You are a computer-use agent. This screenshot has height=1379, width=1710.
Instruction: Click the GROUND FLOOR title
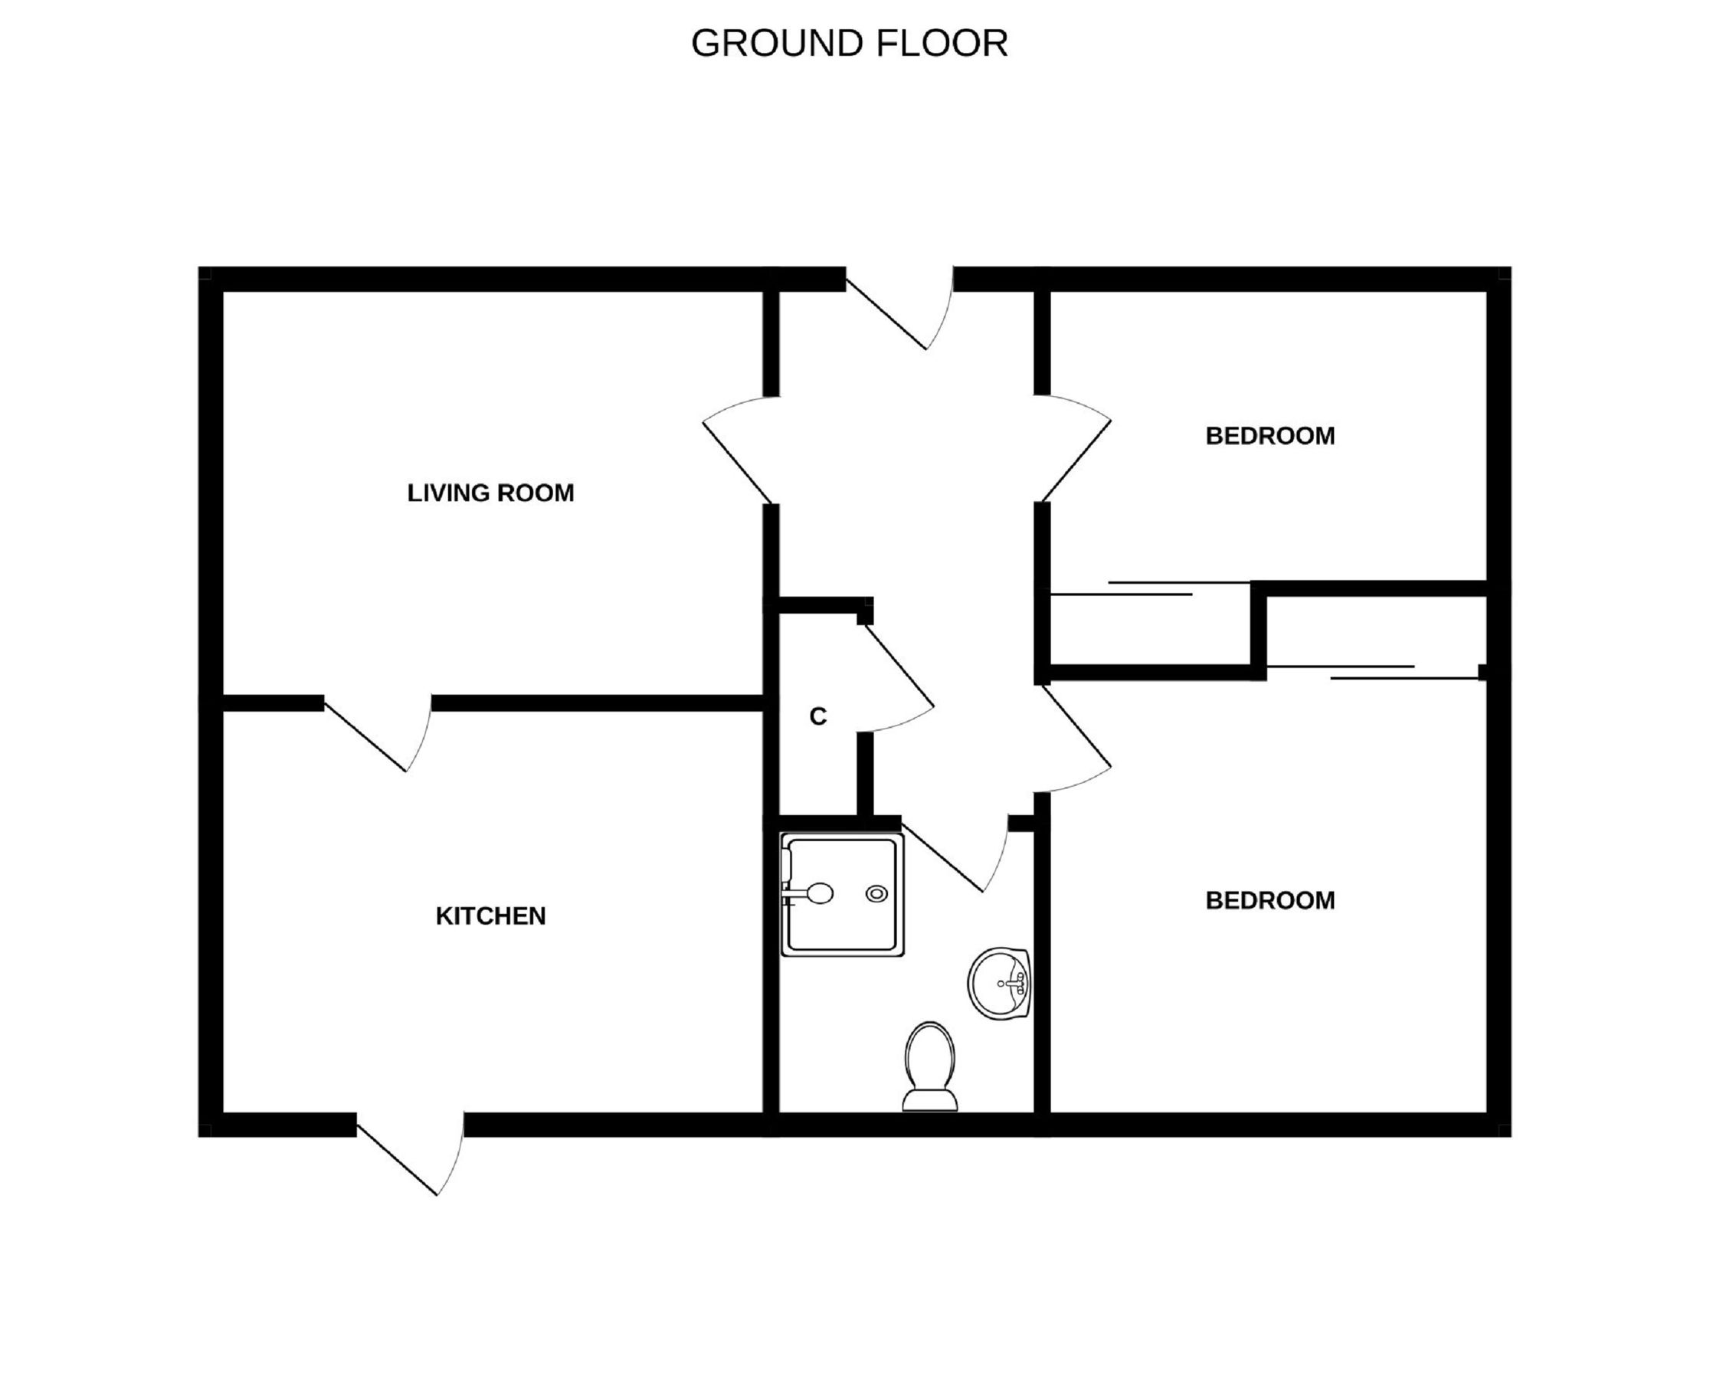click(x=849, y=44)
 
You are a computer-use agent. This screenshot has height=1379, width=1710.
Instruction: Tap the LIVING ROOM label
click(x=490, y=493)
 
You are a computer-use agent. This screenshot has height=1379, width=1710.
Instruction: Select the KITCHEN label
click(x=490, y=916)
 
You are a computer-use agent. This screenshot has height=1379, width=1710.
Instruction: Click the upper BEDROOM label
click(x=1269, y=436)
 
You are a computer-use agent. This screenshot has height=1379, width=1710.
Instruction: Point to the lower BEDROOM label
click(x=1269, y=900)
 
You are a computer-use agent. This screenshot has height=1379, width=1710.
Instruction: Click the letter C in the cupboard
click(x=817, y=716)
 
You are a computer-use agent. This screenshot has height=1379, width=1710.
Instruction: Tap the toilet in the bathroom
click(x=929, y=1068)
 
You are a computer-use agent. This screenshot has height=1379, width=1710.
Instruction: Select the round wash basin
click(x=1000, y=983)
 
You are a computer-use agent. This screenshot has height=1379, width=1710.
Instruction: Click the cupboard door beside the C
click(x=897, y=680)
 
